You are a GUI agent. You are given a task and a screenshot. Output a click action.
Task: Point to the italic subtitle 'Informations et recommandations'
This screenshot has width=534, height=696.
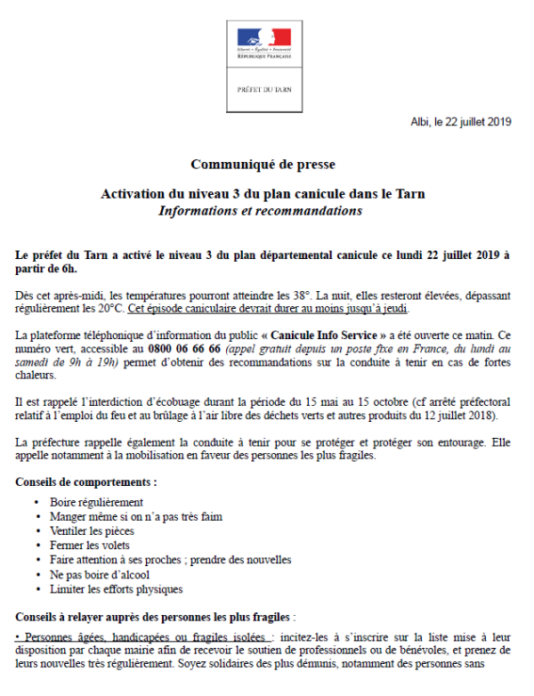pos(261,211)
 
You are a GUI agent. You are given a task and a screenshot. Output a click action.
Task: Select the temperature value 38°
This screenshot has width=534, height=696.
pos(295,295)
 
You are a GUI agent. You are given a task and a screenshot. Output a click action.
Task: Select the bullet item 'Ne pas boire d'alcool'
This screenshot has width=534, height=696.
pos(100,574)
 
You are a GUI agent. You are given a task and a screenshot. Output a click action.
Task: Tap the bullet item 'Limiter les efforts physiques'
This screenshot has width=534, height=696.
pos(117,588)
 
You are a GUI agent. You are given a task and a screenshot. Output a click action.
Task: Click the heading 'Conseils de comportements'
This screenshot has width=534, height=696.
pos(86,482)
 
